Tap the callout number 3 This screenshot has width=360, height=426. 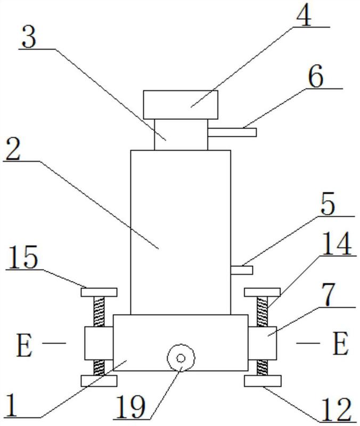[x=29, y=36]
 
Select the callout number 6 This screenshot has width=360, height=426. [x=316, y=76]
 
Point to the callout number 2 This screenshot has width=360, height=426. [x=13, y=149]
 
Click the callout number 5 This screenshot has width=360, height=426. [x=328, y=204]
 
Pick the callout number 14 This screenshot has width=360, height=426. [x=337, y=243]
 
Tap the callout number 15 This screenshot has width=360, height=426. [x=22, y=257]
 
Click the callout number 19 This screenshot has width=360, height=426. [x=131, y=407]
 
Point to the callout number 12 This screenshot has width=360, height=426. [x=337, y=410]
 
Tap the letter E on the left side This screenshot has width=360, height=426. [x=24, y=345]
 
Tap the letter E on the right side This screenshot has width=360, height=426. [x=340, y=343]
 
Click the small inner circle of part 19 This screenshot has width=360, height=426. [x=181, y=358]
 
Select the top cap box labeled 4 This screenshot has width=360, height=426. [x=181, y=105]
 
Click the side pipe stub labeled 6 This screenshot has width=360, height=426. [x=232, y=132]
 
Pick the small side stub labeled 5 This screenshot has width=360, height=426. [x=242, y=271]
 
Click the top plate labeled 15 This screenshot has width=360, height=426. [x=99, y=292]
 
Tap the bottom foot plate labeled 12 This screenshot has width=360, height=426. [x=263, y=381]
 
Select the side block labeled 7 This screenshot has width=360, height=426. [x=262, y=343]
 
